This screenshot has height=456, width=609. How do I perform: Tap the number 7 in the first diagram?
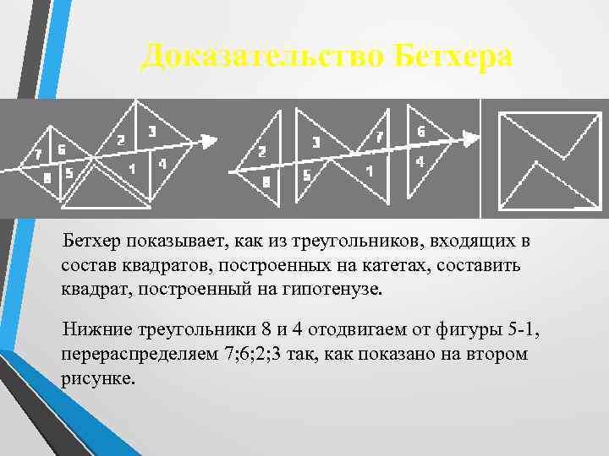point(37,155)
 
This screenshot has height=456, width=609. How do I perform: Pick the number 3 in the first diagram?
point(151,131)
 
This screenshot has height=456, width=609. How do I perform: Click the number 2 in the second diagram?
point(261,153)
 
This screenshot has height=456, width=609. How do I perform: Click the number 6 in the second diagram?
point(420,132)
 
